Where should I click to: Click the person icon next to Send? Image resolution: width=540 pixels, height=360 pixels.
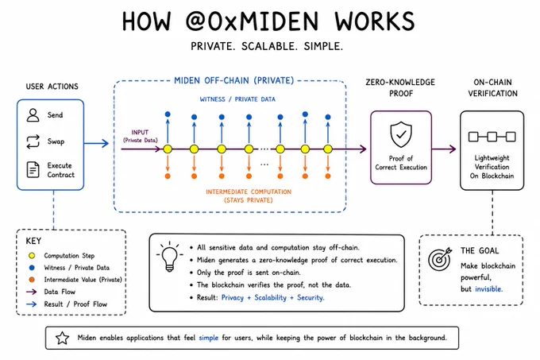(33, 115)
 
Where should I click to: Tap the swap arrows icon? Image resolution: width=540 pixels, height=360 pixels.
(33, 141)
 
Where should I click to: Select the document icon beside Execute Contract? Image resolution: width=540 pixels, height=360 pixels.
(33, 170)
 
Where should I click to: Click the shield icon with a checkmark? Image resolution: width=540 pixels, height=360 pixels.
(401, 134)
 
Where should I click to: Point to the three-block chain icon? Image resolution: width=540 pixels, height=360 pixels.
(492, 137)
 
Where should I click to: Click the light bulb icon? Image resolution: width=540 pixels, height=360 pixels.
(169, 257)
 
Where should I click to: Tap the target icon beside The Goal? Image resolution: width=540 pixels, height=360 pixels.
(440, 259)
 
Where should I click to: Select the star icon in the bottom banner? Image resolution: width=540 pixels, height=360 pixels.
(62, 338)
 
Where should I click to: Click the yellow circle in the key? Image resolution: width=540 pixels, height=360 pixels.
(32, 256)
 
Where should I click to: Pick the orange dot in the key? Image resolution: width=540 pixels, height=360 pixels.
(32, 280)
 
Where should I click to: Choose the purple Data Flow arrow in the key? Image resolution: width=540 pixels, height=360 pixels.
(31, 292)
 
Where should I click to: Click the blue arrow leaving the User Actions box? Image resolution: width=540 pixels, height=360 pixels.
(96, 143)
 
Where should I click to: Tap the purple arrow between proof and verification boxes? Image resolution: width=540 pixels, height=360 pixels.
(444, 149)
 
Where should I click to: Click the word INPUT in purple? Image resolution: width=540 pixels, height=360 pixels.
(140, 132)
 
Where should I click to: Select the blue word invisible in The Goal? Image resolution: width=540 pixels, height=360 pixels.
(488, 289)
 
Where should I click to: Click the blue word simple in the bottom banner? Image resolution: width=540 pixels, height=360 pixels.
(209, 338)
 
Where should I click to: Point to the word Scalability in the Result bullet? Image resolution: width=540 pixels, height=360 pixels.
(270, 298)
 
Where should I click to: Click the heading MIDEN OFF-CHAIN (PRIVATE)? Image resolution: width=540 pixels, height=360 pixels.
(233, 80)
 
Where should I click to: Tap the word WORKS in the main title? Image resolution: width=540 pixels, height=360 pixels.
(375, 21)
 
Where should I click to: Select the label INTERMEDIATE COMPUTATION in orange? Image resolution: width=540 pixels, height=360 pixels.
(249, 192)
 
